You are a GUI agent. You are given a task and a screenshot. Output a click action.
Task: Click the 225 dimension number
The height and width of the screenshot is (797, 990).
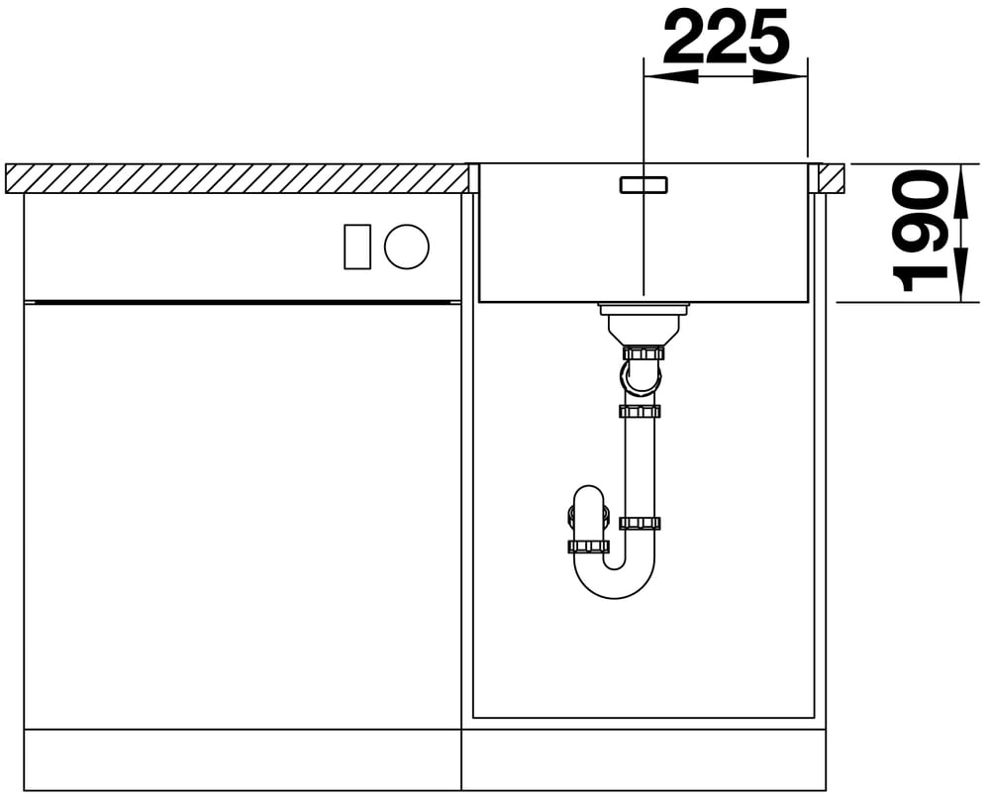pyautogui.click(x=726, y=38)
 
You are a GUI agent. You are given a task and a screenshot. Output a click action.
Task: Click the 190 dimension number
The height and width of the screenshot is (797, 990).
pyautogui.click(x=921, y=231)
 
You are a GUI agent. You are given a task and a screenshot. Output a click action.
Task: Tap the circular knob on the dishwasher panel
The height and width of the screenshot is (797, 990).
pyautogui.click(x=407, y=247)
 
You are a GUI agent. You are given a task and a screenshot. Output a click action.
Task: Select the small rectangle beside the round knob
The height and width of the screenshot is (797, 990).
pyautogui.click(x=357, y=247)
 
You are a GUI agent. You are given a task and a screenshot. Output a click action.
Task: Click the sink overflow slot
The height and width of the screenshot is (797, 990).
pyautogui.click(x=643, y=184)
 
